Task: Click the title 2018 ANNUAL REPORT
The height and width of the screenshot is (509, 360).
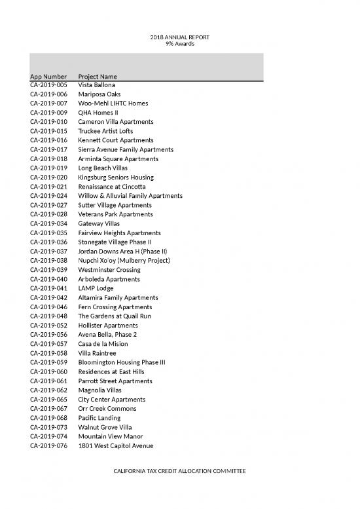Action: click(x=179, y=37)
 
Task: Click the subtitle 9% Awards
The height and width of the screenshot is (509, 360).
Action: click(x=179, y=44)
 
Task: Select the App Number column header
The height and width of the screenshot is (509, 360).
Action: click(x=48, y=76)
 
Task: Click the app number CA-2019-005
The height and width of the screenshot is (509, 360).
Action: click(x=48, y=85)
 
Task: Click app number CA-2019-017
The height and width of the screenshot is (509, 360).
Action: click(x=48, y=150)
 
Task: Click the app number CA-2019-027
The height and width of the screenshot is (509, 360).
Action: click(x=48, y=205)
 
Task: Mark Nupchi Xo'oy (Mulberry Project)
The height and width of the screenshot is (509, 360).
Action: click(x=124, y=261)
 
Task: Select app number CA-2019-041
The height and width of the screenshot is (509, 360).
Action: click(x=48, y=288)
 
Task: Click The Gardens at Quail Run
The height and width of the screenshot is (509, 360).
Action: click(x=115, y=316)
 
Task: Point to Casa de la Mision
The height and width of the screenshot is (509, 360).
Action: click(x=103, y=344)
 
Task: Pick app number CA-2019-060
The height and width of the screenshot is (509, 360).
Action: click(x=48, y=371)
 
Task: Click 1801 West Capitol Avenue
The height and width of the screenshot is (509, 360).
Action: click(x=115, y=445)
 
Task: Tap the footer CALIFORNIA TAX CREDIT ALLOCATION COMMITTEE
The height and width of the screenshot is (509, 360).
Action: click(x=179, y=472)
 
